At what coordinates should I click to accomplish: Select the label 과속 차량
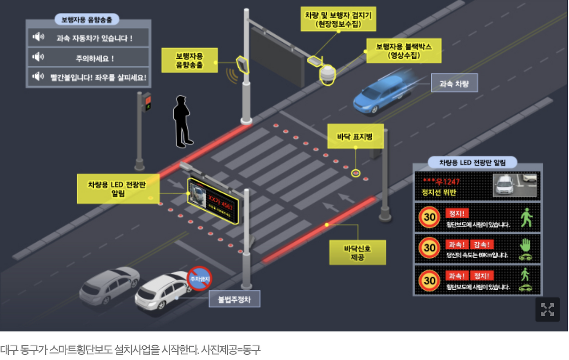tap(454, 83)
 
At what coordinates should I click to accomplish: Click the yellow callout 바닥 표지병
tap(356, 136)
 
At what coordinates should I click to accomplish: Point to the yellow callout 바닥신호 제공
tap(357, 252)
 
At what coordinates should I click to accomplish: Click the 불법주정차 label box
tap(234, 300)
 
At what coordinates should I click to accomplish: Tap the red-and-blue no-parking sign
tap(199, 279)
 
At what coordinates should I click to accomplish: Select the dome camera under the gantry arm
tap(328, 74)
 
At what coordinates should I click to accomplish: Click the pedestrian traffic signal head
tap(146, 101)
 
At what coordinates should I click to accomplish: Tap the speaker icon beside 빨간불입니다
tap(38, 77)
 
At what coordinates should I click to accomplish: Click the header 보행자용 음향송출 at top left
tap(87, 20)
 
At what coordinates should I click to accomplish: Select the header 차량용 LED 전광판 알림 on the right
tap(472, 163)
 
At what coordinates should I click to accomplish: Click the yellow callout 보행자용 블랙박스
tap(404, 51)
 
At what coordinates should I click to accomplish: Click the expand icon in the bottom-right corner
tap(547, 309)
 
